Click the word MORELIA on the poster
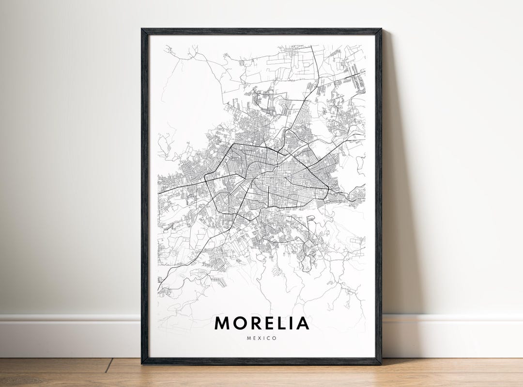click(x=261, y=323)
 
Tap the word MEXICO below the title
click(x=261, y=338)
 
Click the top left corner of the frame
click(x=142, y=30)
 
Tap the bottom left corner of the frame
click(x=142, y=363)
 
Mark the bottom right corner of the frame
click(x=381, y=363)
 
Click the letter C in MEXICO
click(x=269, y=338)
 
